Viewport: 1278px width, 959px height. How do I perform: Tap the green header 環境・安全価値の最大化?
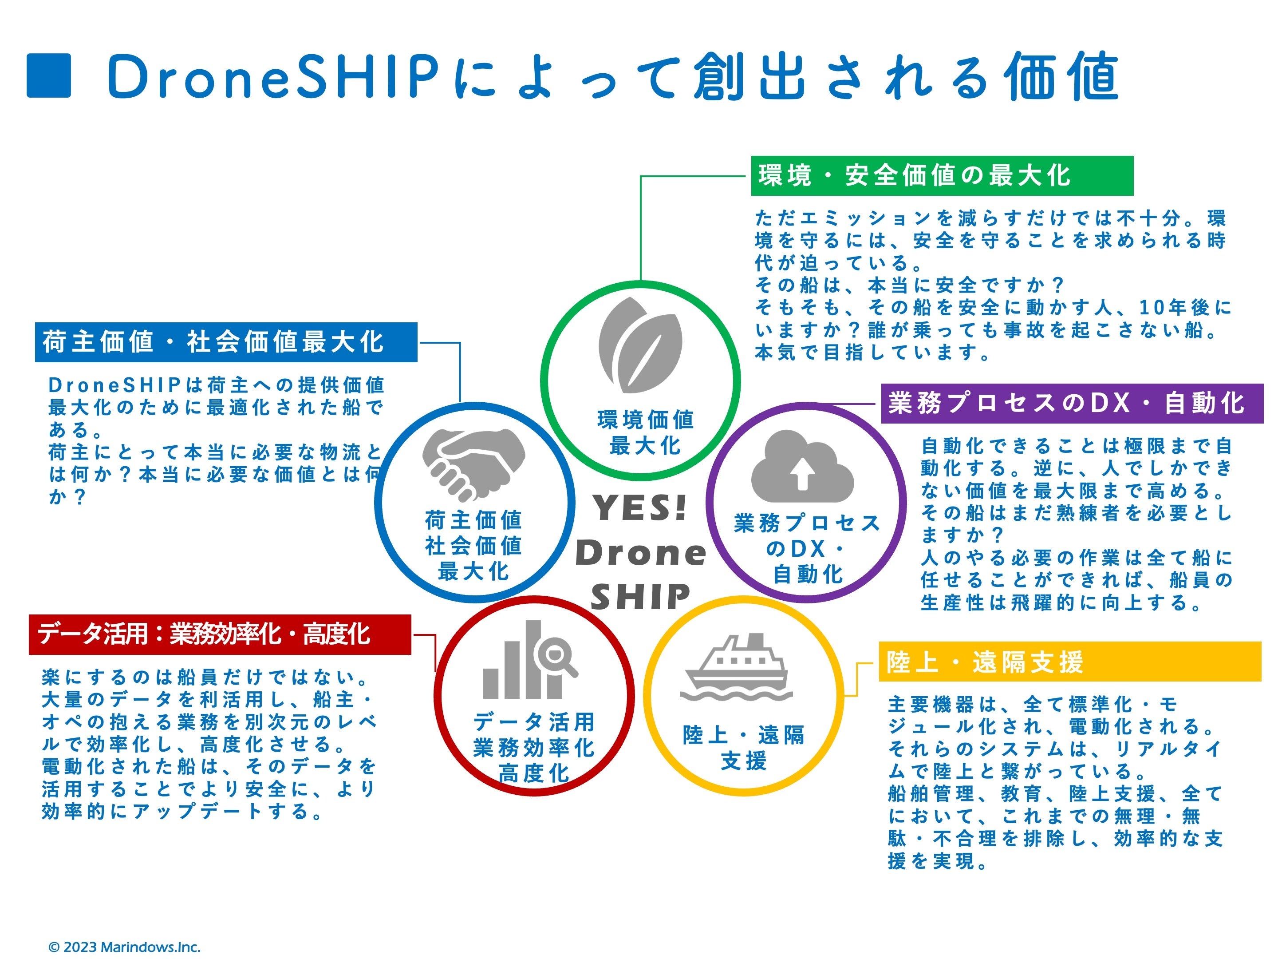[941, 176]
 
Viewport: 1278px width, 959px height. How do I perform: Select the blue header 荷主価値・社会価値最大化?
[226, 342]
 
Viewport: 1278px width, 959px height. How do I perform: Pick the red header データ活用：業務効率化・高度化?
[220, 634]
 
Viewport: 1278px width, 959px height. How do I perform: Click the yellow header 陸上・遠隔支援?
[1069, 661]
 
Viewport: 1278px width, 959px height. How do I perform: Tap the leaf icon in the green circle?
[640, 345]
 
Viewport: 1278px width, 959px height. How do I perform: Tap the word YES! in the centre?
[640, 508]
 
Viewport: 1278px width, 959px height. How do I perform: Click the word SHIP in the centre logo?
[640, 597]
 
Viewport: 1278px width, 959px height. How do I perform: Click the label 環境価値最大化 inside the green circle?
[645, 432]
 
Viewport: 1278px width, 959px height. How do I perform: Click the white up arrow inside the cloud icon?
[802, 472]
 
